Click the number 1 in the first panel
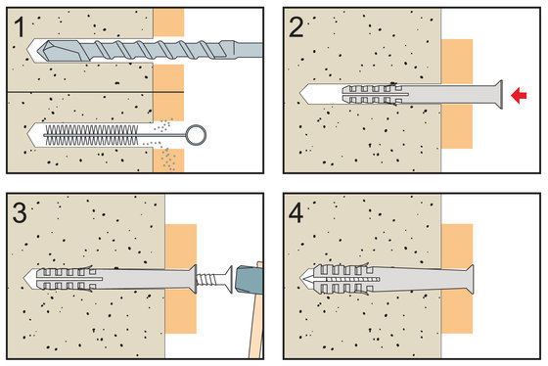(20, 27)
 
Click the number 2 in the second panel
(297, 27)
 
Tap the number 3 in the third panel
(20, 213)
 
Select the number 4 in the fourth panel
(296, 213)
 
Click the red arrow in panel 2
(519, 95)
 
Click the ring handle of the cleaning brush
(196, 135)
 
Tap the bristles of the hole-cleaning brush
(92, 135)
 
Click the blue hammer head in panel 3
(250, 279)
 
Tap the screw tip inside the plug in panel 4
(307, 279)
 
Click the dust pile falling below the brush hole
(168, 160)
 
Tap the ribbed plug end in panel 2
(371, 94)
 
